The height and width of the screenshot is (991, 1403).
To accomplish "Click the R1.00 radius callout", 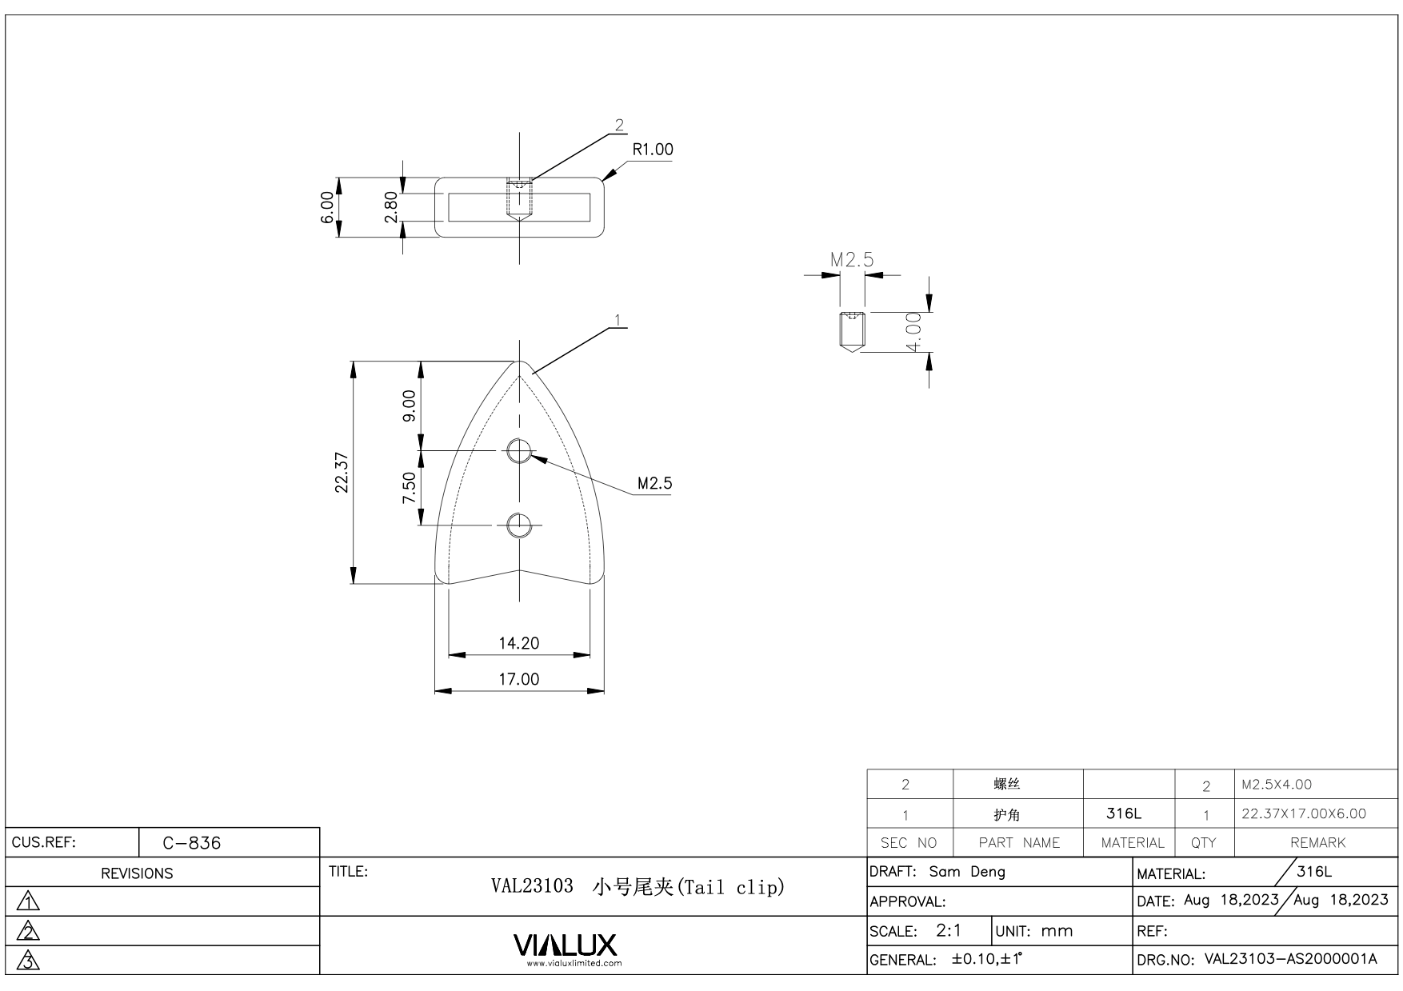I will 653,150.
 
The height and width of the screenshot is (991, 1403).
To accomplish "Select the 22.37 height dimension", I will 342,473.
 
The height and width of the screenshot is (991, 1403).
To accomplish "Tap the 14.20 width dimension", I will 519,643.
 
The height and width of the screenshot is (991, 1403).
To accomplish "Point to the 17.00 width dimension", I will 519,679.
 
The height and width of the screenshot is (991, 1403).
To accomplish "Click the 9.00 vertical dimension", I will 409,406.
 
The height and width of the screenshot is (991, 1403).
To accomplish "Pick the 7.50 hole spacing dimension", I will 409,488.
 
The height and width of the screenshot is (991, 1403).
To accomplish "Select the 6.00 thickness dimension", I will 327,207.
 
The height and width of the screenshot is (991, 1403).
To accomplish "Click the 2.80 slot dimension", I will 391,207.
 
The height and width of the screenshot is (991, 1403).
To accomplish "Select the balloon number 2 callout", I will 619,126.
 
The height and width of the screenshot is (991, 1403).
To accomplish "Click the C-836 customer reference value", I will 192,843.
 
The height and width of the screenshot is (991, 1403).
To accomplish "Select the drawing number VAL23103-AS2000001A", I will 1290,959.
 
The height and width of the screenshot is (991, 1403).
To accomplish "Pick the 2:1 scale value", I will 949,930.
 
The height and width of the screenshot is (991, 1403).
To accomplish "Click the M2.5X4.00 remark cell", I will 1277,785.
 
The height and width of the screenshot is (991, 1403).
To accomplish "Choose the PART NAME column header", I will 1019,843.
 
